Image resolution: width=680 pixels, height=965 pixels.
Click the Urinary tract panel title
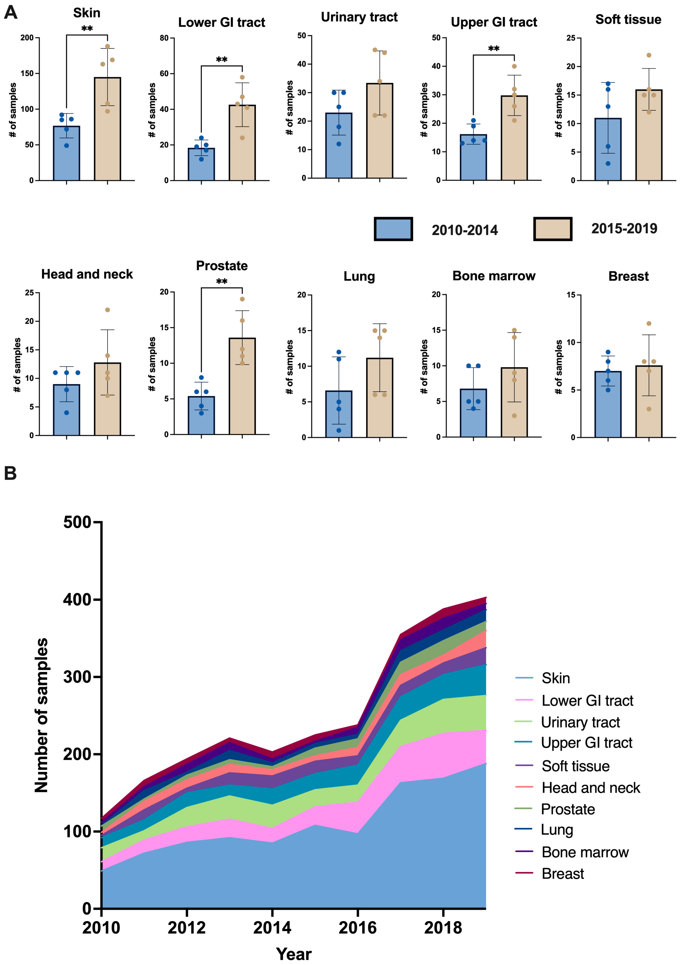tap(359, 17)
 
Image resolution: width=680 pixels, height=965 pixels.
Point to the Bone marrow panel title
tap(494, 276)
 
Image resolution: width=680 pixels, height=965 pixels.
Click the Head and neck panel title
tap(87, 274)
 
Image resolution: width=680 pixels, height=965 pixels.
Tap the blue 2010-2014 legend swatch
tap(393, 229)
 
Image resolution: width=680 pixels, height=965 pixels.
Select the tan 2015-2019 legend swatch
tap(552, 229)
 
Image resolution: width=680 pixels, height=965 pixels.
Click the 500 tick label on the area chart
tap(77, 523)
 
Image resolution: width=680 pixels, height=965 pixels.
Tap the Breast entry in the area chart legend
tap(563, 874)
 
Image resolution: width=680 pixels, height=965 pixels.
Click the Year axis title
tap(294, 954)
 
